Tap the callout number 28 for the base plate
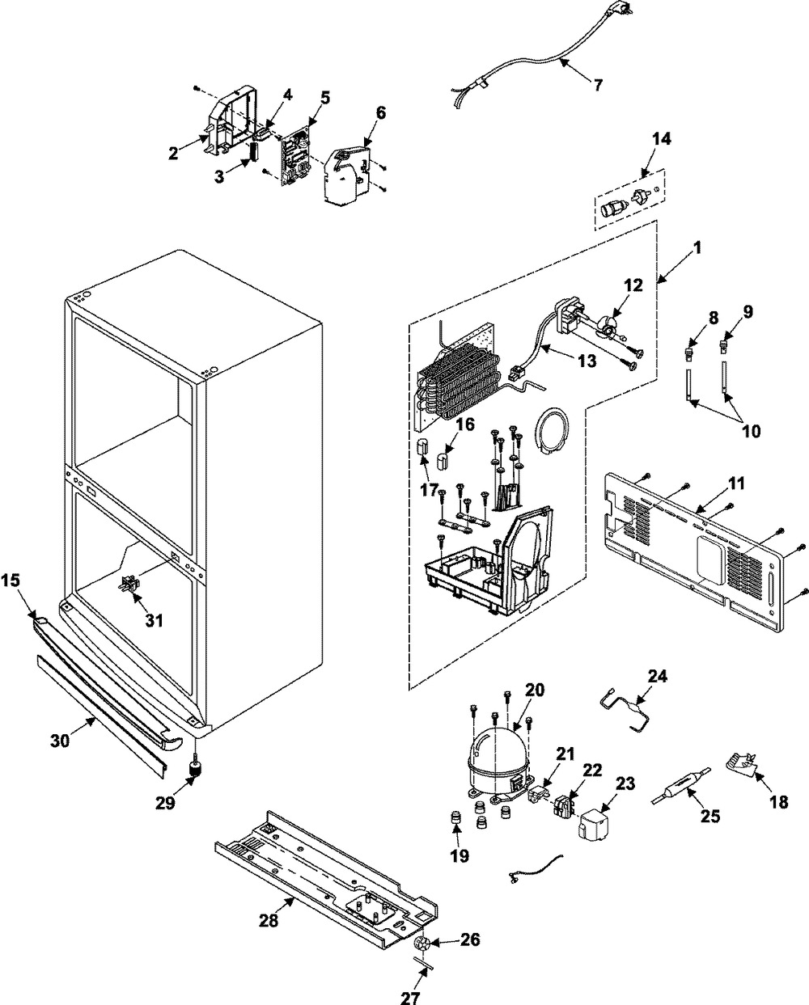coord(268,921)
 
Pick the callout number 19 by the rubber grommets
coord(460,855)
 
